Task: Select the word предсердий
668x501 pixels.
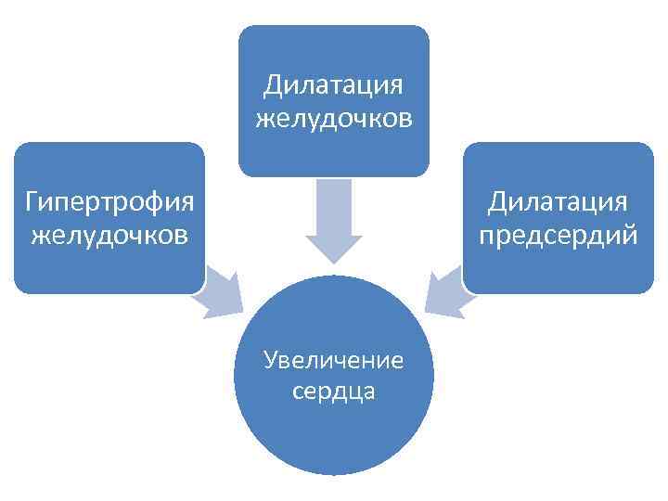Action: tap(559, 236)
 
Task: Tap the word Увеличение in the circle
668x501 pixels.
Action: tap(333, 359)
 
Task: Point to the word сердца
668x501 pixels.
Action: tap(333, 392)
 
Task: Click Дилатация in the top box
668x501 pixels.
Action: tap(333, 85)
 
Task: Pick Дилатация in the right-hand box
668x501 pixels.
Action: tap(559, 201)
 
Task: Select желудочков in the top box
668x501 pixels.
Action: tap(333, 120)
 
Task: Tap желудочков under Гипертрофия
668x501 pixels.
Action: tap(109, 235)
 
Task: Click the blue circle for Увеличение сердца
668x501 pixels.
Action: tap(333, 427)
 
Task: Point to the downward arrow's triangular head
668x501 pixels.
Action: tap(334, 246)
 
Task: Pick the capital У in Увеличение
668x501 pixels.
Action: tap(270, 360)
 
